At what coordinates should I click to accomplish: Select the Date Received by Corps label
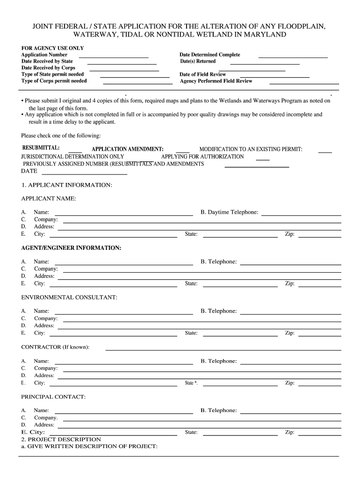tap(48, 68)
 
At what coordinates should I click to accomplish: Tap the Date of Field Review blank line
tap(274, 77)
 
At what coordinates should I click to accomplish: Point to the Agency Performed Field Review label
tap(216, 81)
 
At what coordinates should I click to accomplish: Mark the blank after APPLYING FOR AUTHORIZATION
tap(263, 160)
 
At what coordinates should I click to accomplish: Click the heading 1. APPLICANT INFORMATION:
tap(67, 185)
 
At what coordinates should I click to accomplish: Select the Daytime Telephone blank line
tap(301, 215)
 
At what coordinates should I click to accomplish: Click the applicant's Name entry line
tap(123, 215)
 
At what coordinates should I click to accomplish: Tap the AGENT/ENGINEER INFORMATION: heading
tap(72, 248)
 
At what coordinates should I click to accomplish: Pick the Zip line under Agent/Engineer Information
tap(320, 286)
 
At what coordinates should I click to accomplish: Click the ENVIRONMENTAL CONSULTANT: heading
tap(69, 298)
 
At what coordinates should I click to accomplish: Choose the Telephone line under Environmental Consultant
tap(290, 314)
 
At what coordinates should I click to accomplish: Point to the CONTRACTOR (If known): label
tap(56, 347)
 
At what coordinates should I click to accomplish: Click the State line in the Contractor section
tap(240, 386)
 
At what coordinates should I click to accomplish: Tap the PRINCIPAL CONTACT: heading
tap(53, 397)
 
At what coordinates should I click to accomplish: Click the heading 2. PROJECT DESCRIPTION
tap(61, 440)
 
